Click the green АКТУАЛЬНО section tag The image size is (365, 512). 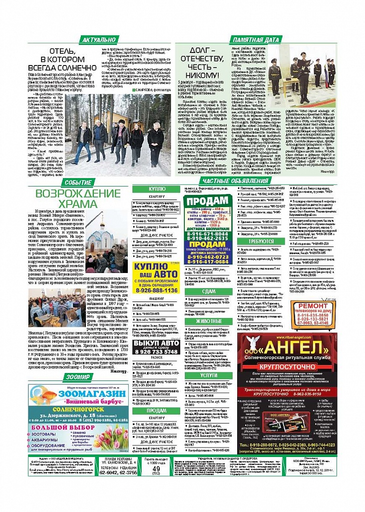coord(99,39)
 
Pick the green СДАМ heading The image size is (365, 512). coord(208,291)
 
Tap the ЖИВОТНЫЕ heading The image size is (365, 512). coord(209,321)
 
